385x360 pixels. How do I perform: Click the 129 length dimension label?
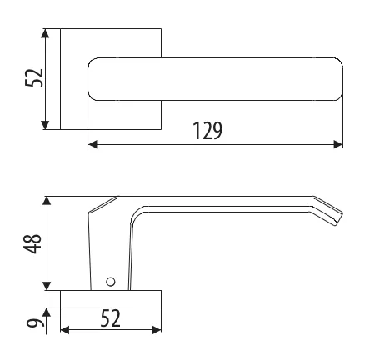[x=207, y=130]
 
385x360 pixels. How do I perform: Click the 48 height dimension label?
[x=32, y=243]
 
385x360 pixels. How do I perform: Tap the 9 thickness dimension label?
[x=35, y=323]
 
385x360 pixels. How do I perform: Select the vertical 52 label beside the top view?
[x=34, y=78]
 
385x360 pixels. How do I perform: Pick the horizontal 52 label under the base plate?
[x=110, y=318]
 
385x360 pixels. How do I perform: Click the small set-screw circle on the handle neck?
[x=111, y=282]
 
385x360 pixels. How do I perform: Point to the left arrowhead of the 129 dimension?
[x=92, y=144]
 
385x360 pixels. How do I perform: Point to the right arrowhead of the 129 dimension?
[x=338, y=144]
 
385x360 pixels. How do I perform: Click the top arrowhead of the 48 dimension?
[x=47, y=201]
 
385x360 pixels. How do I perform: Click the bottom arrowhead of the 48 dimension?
[x=47, y=286]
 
